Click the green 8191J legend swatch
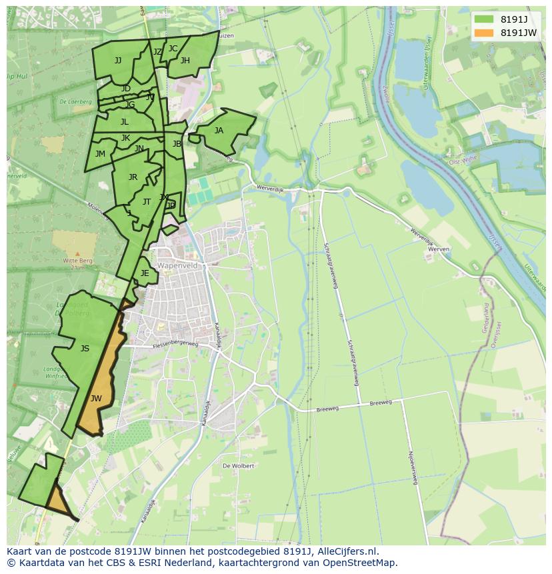[485, 19]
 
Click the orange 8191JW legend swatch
[485, 33]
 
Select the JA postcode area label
[219, 131]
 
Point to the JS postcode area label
[85, 348]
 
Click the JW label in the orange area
[96, 399]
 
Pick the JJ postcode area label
[118, 61]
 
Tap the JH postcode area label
[185, 61]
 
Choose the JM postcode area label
[100, 154]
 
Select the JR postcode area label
[133, 177]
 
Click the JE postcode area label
[145, 273]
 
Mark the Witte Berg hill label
[77, 261]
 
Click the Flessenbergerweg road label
[175, 345]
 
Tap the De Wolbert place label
[238, 466]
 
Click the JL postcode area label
[125, 122]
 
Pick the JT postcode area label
[147, 202]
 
